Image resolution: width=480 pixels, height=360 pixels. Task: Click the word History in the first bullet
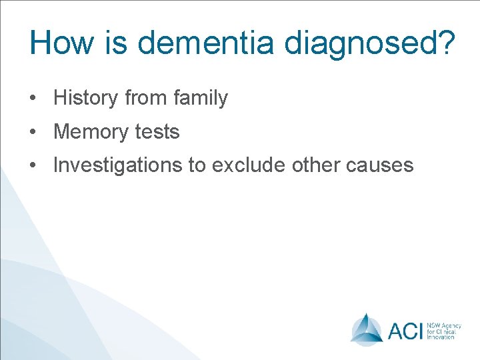point(85,99)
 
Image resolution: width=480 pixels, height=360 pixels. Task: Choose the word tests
point(157,132)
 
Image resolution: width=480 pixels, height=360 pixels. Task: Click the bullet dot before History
point(32,99)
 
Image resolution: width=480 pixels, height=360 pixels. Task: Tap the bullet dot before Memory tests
point(32,132)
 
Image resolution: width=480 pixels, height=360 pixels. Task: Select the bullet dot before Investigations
point(32,165)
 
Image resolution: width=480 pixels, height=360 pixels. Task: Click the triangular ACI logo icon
point(366,329)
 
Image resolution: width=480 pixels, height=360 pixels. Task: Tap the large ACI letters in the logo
point(405,330)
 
